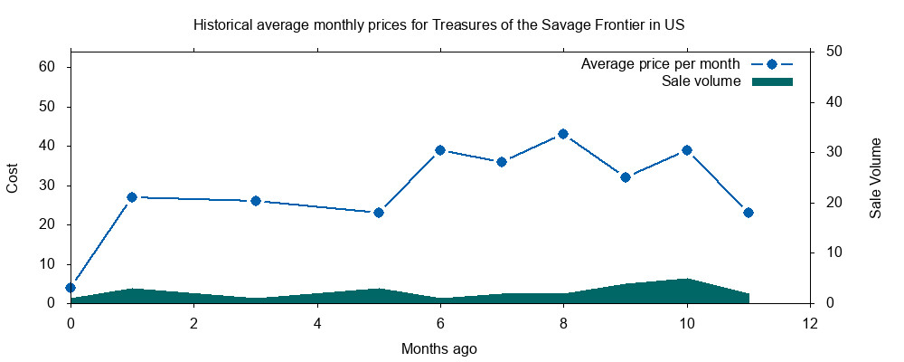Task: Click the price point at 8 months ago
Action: click(563, 134)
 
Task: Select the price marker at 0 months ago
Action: click(71, 288)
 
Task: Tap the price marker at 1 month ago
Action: click(132, 197)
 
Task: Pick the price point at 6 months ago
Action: click(440, 150)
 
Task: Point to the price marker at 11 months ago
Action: click(749, 213)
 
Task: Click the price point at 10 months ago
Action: click(687, 150)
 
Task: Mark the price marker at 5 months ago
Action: click(379, 213)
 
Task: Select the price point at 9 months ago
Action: click(626, 177)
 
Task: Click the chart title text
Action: click(438, 24)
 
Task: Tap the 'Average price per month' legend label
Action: click(661, 64)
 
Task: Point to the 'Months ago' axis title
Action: click(439, 348)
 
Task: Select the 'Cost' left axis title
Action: click(13, 177)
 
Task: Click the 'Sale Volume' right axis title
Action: click(876, 177)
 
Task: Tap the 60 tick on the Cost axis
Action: click(49, 67)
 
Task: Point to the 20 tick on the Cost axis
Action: click(49, 224)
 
